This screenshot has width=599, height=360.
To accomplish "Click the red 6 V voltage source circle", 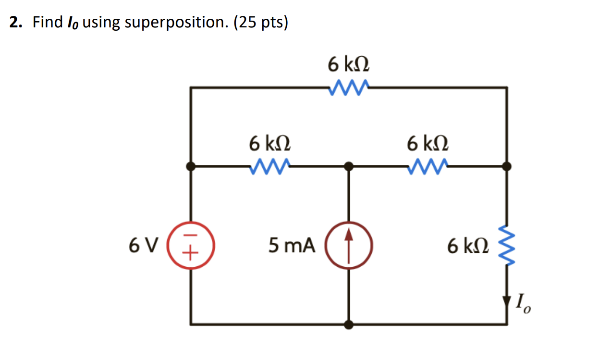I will tap(191, 246).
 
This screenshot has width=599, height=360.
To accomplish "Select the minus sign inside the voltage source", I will tap(191, 238).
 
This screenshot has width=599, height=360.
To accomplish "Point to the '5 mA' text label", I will tap(292, 246).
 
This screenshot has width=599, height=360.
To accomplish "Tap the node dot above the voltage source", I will tap(191, 167).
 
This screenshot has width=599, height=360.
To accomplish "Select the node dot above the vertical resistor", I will tap(507, 167).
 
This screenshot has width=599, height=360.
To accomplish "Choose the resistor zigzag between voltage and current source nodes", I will tap(269, 166).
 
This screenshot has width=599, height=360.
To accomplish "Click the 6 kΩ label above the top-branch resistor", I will tap(349, 63).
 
